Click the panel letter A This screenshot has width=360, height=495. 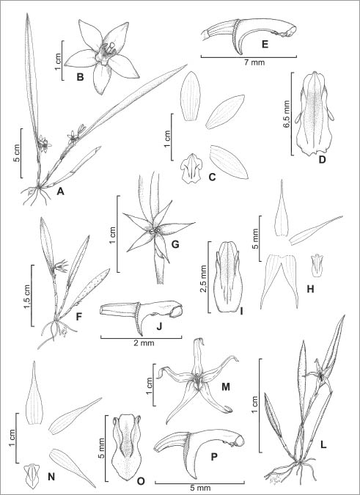coord(60,191)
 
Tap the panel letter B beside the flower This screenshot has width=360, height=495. coord(80,77)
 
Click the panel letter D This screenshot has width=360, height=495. coord(322,160)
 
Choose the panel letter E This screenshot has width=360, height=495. coord(265,44)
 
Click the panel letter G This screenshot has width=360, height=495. coord(175,243)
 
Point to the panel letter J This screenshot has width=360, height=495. coord(159,326)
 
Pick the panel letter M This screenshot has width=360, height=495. coord(225,386)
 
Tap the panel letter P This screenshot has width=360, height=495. coord(215,456)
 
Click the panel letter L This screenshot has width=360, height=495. coord(323,445)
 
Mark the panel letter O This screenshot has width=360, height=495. coord(141,481)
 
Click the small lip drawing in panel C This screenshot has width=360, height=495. coord(191,169)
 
